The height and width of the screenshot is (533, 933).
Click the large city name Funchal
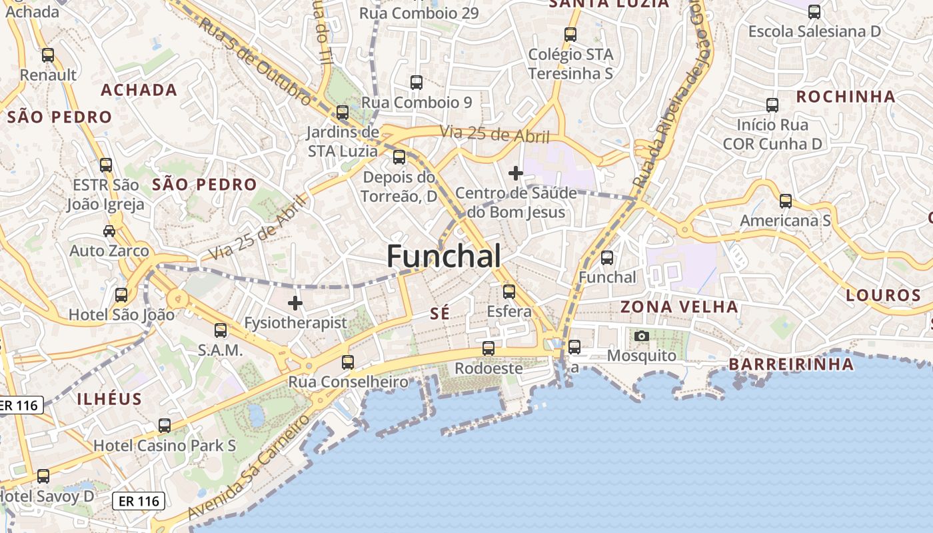[x=444, y=257]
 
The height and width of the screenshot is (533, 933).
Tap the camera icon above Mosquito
[x=641, y=336]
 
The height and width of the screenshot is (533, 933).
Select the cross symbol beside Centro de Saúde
[x=515, y=173]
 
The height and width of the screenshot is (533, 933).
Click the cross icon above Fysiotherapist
[x=295, y=304]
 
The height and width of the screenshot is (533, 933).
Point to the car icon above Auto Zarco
[x=109, y=231]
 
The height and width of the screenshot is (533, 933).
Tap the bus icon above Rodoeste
[x=488, y=348]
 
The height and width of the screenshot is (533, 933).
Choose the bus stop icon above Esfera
[x=509, y=292]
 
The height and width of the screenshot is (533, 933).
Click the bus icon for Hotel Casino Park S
[x=165, y=426]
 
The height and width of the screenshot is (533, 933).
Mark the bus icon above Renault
[x=48, y=55]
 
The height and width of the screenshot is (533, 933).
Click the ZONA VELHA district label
[x=679, y=307]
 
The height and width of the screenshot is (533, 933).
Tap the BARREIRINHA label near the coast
[x=791, y=364]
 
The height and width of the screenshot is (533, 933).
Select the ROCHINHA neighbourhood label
[x=846, y=97]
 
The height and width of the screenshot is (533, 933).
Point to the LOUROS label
[x=883, y=295]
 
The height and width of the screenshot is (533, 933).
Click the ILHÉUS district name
[x=110, y=399]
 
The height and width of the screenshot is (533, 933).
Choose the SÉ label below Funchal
[x=440, y=314]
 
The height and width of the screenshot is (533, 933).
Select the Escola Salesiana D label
[x=814, y=31]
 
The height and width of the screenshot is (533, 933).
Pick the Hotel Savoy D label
[x=47, y=496]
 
